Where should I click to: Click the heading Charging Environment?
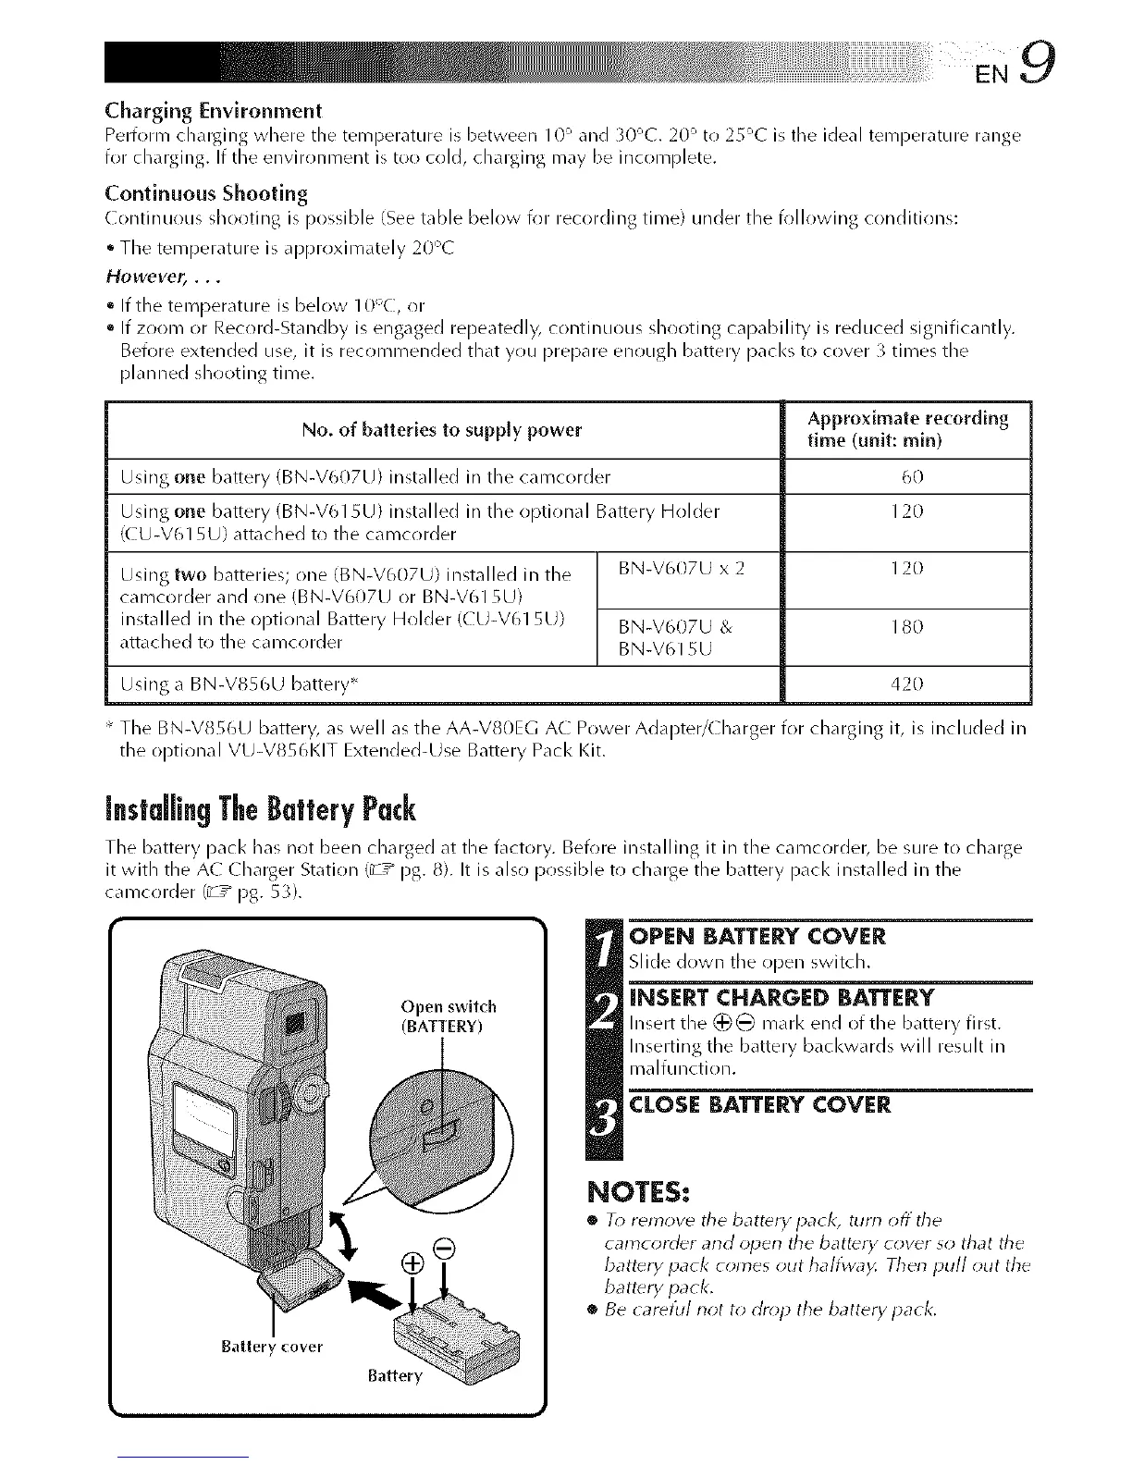(x=214, y=112)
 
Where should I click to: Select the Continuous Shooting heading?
(x=206, y=193)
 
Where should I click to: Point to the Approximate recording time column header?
(x=906, y=430)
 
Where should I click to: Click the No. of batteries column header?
(x=442, y=430)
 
